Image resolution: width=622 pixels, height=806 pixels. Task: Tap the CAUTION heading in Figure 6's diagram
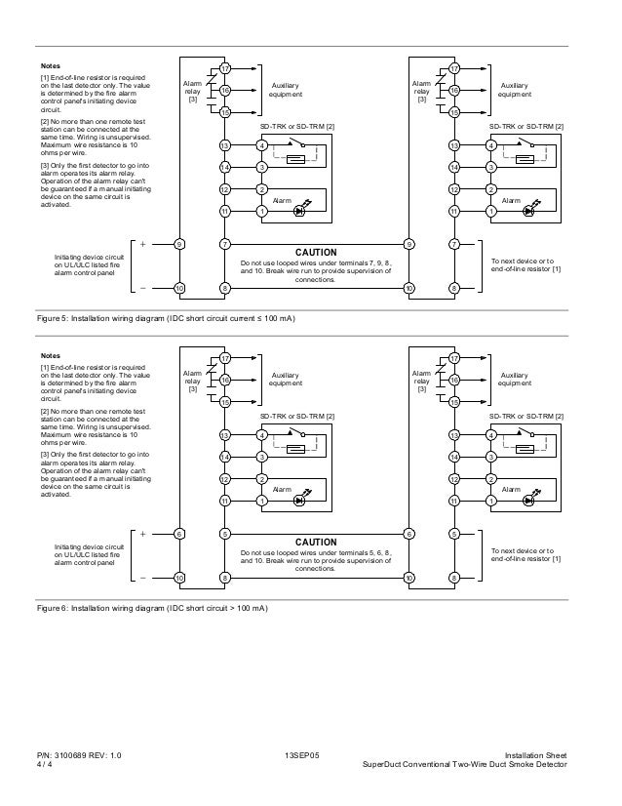316,542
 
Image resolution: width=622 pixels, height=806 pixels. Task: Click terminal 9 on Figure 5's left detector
179,243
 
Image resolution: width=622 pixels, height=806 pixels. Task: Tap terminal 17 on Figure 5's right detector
454,67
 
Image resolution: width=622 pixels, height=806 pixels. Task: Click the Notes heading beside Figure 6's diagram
50,356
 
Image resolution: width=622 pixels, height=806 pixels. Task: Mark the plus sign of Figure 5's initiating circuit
143,243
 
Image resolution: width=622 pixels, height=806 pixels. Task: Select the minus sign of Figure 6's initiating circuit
143,578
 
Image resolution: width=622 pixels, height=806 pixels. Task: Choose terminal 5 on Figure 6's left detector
225,534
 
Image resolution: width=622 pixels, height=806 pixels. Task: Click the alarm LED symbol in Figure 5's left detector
300,211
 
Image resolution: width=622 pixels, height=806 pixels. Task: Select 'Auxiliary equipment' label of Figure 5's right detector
514,91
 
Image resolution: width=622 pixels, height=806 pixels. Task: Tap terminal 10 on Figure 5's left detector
179,288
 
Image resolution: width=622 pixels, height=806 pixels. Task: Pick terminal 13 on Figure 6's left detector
225,436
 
